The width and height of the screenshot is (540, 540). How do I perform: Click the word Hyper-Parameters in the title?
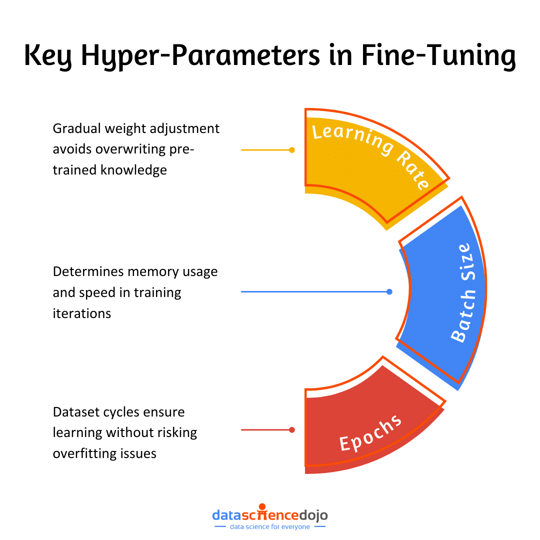point(200,56)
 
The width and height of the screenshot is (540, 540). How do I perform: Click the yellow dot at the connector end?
point(292,149)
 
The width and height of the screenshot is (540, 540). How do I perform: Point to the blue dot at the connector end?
point(389,291)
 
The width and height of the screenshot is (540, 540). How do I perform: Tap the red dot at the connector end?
point(292,429)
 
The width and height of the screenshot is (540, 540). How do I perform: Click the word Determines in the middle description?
point(88,271)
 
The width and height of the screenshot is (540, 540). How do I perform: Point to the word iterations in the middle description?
point(81,313)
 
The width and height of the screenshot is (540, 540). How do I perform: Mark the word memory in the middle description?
point(154,271)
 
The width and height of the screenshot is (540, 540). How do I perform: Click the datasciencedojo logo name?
point(270,514)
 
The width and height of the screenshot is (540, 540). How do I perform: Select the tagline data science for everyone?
point(270,526)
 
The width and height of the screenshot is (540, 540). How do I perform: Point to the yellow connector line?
point(265,149)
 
